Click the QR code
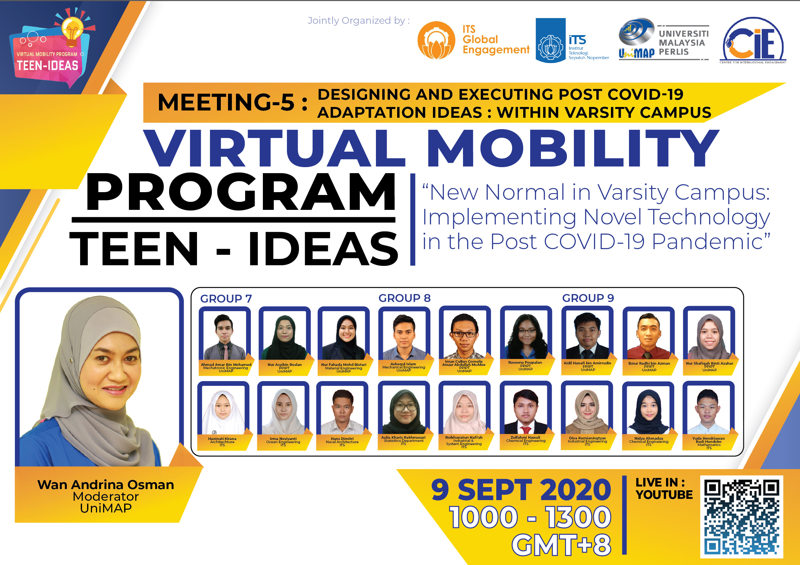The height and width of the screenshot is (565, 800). (741, 517)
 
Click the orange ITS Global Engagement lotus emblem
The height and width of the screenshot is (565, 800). (436, 40)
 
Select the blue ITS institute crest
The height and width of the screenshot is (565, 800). (550, 41)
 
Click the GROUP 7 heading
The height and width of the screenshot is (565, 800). (226, 298)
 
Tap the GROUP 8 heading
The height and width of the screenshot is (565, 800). (404, 298)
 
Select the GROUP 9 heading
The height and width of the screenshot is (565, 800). (588, 298)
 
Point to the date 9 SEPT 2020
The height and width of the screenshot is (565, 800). (521, 489)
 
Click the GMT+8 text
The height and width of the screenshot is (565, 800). (561, 545)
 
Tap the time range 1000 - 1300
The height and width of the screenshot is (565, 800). (530, 517)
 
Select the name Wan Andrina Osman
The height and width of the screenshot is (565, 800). (105, 485)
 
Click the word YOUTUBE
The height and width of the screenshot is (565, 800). (664, 494)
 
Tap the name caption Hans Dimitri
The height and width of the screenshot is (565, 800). (342, 439)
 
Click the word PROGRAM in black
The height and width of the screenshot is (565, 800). (240, 192)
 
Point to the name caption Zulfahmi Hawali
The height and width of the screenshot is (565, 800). (525, 437)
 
